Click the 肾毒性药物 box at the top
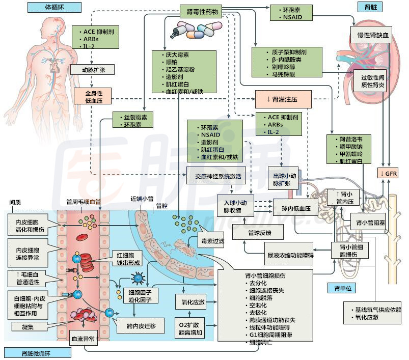[x=202, y=10]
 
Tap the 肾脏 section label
[x=364, y=7]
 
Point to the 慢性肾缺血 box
[x=370, y=35]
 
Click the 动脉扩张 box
[x=88, y=70]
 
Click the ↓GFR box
[x=388, y=174]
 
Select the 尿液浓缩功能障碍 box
[x=289, y=253]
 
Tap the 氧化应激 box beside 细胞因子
[x=193, y=302]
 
